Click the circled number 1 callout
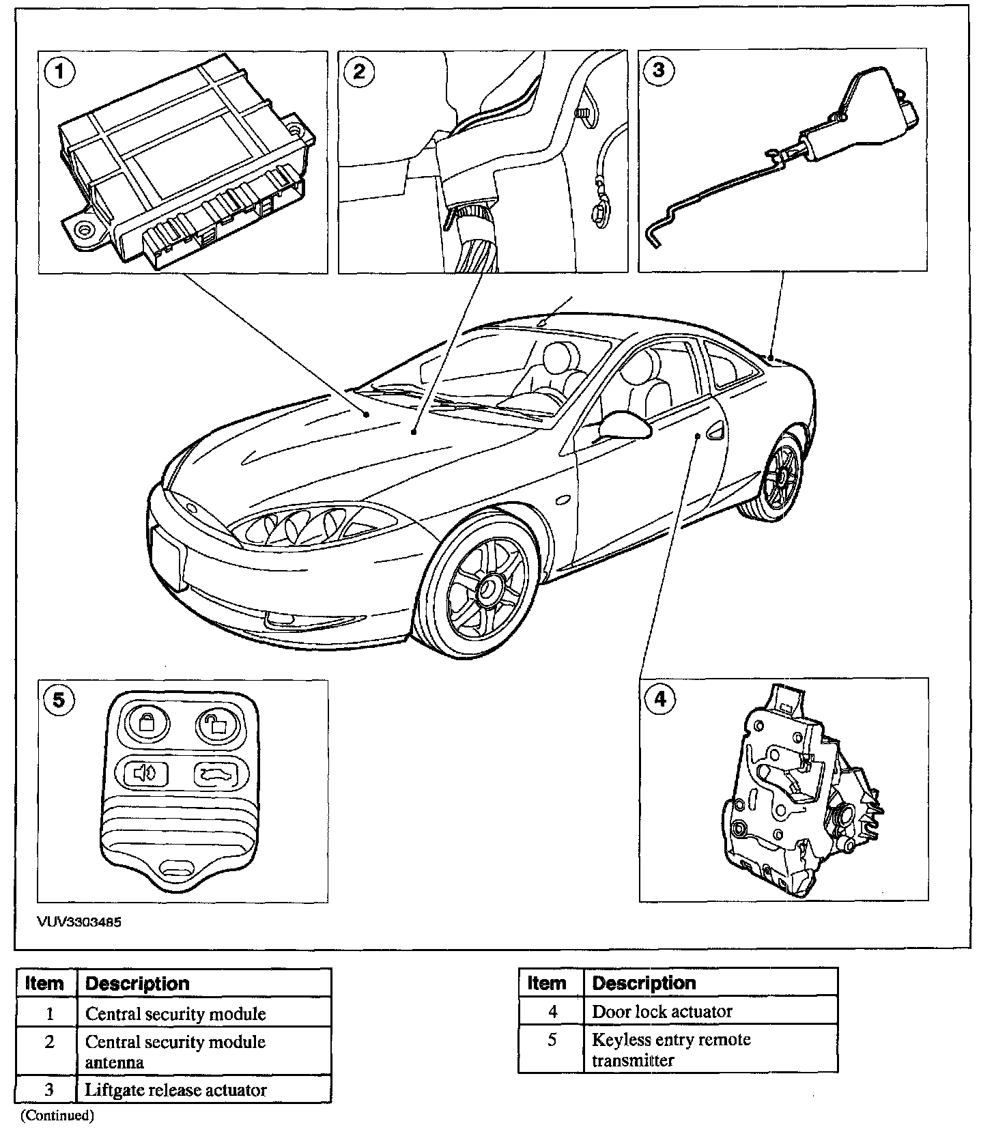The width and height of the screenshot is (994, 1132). tap(61, 71)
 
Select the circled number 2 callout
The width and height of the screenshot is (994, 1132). tap(360, 71)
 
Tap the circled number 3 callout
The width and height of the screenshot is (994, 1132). tap(659, 71)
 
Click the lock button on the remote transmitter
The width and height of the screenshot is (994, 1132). tap(147, 722)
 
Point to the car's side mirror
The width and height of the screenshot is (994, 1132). tap(623, 427)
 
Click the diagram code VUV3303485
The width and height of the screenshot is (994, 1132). tap(79, 922)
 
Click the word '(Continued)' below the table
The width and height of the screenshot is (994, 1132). tap(57, 1116)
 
